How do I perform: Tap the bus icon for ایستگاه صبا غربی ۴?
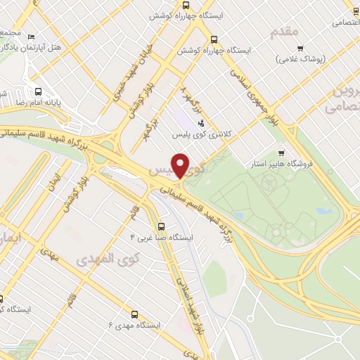pos(162,226)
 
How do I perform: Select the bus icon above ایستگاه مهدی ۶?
pos(134,314)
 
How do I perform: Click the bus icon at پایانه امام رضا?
pos(38,91)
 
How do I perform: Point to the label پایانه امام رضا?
pos(27,103)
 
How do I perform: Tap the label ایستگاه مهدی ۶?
pos(134,326)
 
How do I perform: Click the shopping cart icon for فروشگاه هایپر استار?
pos(282,153)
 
